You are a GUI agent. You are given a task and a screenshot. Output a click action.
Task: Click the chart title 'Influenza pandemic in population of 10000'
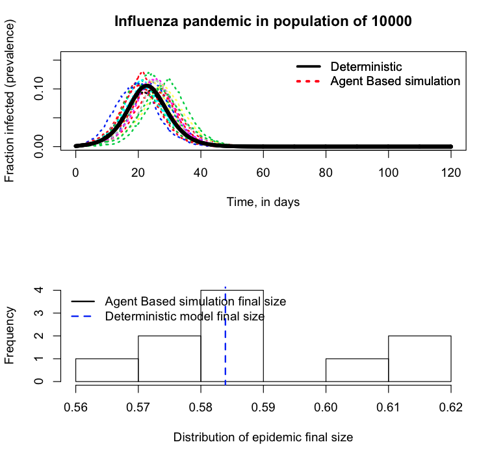click(x=263, y=21)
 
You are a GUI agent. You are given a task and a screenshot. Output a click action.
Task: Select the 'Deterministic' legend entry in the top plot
click(x=366, y=67)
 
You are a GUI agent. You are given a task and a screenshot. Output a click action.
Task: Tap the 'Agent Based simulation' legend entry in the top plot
click(x=395, y=81)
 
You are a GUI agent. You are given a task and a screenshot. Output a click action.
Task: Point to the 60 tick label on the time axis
click(x=263, y=173)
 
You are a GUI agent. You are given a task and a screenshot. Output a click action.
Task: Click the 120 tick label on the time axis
click(x=451, y=173)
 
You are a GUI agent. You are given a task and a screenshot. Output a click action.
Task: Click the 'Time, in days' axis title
click(x=263, y=202)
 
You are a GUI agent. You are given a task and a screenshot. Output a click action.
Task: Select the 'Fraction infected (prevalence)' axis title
click(x=11, y=101)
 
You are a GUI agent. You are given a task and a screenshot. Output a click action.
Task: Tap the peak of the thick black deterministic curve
click(x=146, y=85)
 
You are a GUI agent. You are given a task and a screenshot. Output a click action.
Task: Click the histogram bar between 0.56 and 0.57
click(x=107, y=370)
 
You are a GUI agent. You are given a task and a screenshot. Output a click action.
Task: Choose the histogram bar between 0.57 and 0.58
click(x=169, y=358)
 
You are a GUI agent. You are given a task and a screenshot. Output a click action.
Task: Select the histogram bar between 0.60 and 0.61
click(x=357, y=370)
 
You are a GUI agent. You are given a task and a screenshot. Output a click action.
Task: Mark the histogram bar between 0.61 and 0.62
click(x=419, y=358)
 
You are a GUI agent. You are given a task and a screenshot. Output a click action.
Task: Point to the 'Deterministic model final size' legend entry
click(x=185, y=317)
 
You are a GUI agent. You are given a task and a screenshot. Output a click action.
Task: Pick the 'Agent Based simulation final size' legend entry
click(x=195, y=302)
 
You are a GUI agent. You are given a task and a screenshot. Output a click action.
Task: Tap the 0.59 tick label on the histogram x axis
click(x=263, y=408)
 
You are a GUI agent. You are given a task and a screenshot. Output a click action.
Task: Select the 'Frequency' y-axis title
click(x=11, y=335)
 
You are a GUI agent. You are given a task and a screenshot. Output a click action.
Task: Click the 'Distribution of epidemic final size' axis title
click(x=263, y=437)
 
